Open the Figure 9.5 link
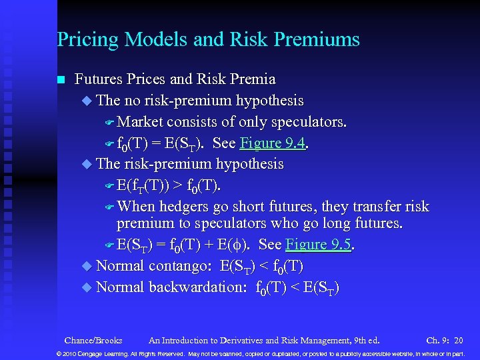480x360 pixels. [317, 244]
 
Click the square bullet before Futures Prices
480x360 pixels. [61, 80]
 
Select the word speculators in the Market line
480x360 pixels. [307, 122]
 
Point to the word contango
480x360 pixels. [178, 266]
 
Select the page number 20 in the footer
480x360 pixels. [458, 340]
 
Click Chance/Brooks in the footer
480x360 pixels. [93, 340]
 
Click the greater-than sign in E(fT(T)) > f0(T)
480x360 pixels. [179, 185]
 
